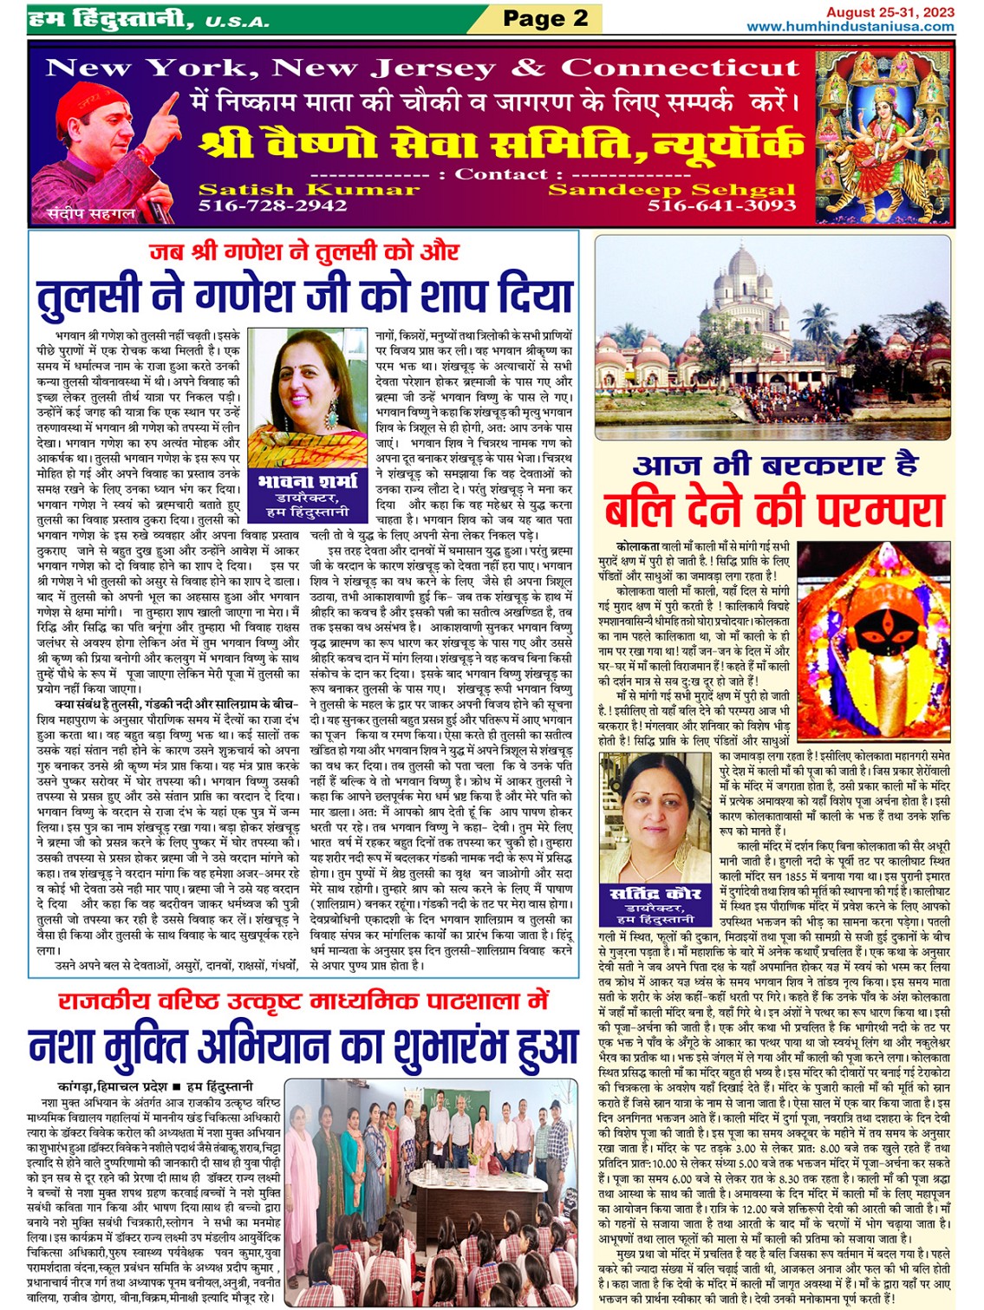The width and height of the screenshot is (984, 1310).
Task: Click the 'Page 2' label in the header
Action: [545, 18]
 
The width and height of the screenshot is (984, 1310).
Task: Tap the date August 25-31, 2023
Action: [890, 12]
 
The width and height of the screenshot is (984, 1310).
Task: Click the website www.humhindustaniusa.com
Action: [850, 26]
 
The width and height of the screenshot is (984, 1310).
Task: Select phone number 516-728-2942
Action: [273, 206]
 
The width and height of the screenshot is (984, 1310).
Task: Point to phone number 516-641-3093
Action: [721, 206]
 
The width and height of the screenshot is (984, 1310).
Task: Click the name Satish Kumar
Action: [309, 190]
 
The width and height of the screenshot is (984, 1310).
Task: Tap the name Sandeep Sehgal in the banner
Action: [672, 190]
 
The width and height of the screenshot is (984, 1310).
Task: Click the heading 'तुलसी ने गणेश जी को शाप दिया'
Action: [305, 297]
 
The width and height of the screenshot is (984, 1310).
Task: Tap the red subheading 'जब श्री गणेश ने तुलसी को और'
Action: [304, 251]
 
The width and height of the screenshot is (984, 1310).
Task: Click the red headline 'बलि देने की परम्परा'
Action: [773, 512]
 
